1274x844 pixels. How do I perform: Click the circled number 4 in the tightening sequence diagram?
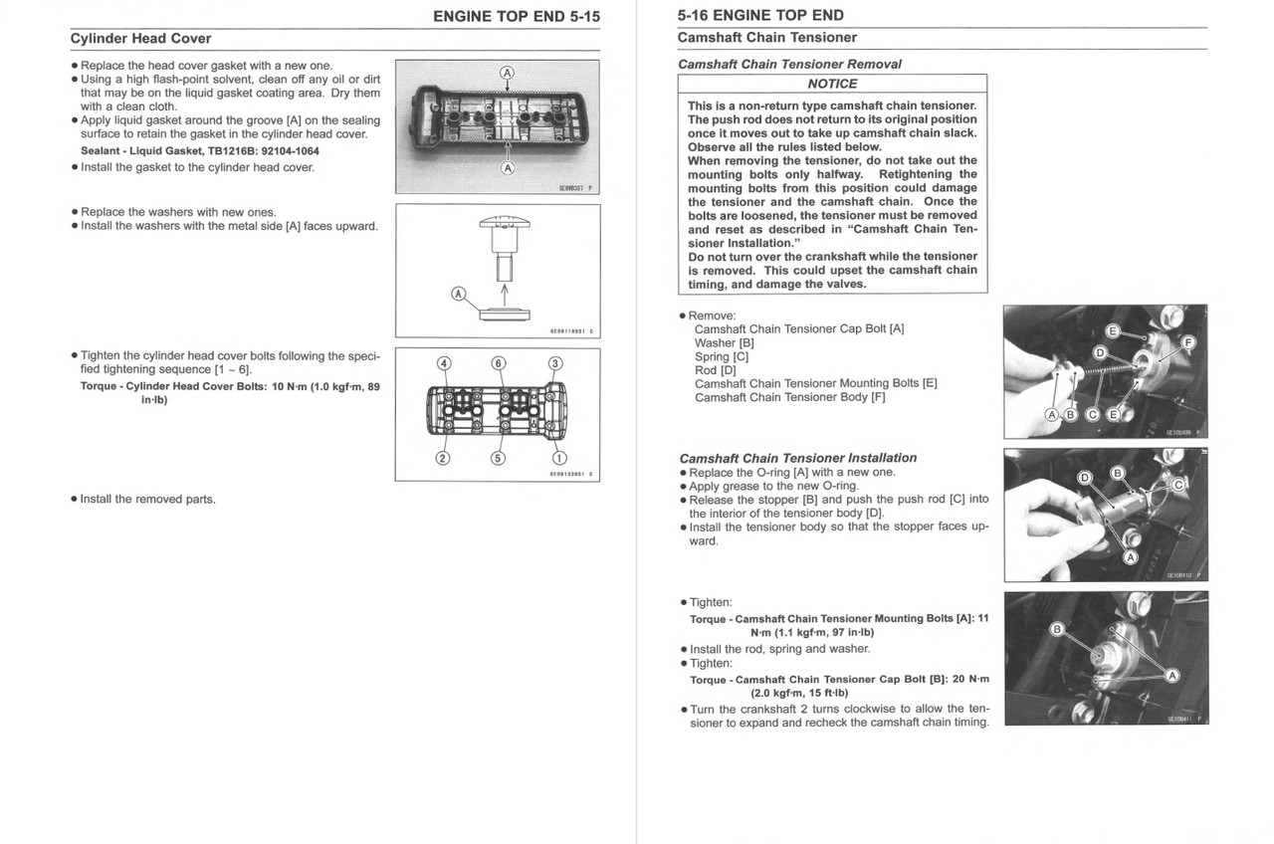(444, 363)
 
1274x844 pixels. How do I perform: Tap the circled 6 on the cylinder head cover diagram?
(499, 363)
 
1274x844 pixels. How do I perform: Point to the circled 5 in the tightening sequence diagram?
(499, 459)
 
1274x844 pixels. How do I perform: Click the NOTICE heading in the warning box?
(832, 85)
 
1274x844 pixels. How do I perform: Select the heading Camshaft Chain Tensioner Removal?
(789, 64)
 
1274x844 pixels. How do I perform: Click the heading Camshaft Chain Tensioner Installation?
(797, 458)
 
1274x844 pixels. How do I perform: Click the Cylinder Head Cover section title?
(140, 39)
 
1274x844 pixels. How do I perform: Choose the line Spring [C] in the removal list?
(722, 356)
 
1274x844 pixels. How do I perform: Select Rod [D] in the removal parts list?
(715, 370)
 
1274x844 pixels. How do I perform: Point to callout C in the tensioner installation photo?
(1177, 485)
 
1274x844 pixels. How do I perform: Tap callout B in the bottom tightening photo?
(1057, 629)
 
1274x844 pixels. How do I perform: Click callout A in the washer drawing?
(459, 294)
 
